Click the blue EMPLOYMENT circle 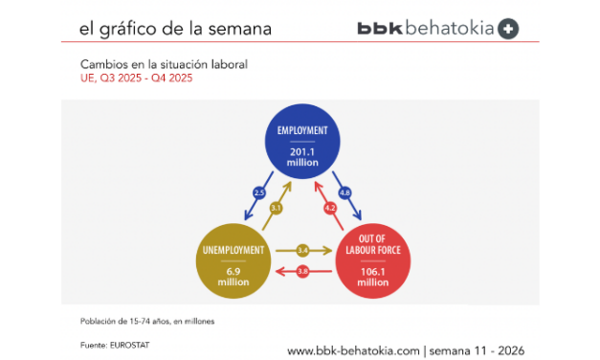tap(303, 144)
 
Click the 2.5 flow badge tap(258, 192)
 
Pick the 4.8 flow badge tap(345, 192)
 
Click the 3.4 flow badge tap(303, 251)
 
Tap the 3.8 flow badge tap(303, 272)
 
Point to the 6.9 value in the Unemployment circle tap(233, 273)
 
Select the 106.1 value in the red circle tap(373, 273)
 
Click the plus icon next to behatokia tap(509, 29)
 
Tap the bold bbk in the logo tap(380, 29)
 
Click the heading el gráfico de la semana tap(175, 29)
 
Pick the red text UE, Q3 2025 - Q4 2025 tap(137, 78)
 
